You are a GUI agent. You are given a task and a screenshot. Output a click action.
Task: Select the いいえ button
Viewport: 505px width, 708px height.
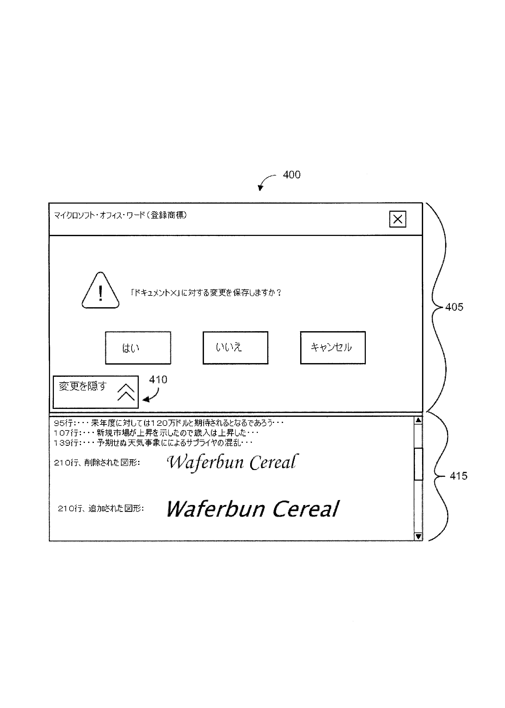point(235,347)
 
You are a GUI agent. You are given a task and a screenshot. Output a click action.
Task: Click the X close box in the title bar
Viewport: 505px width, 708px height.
point(397,219)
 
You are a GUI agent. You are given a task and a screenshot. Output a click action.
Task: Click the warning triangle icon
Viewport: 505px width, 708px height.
point(100,291)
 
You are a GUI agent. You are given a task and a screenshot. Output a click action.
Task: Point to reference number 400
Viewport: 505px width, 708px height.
point(291,175)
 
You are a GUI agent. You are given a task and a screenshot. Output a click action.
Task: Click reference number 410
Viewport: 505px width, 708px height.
point(158,380)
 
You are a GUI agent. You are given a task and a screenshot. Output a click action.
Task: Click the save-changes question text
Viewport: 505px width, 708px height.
point(206,293)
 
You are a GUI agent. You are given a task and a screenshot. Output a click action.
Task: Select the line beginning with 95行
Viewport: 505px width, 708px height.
point(168,423)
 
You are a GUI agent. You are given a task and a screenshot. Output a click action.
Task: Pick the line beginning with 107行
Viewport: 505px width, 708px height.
point(156,433)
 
